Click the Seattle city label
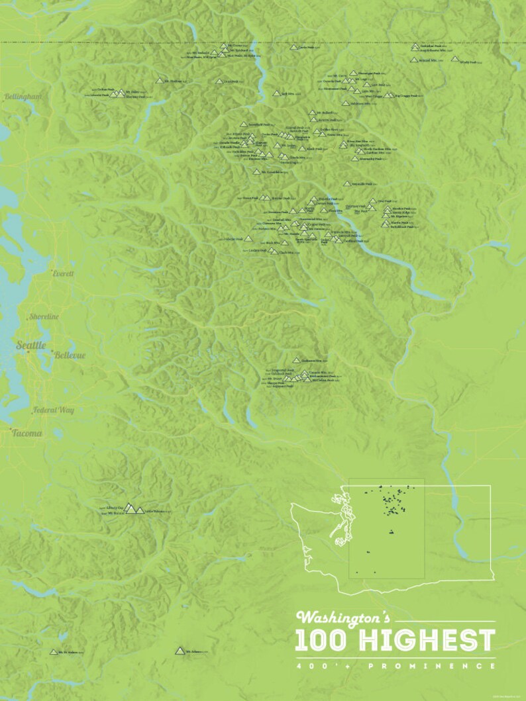(x=30, y=345)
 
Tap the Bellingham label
(x=23, y=97)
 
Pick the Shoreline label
(x=44, y=317)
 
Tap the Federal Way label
(x=54, y=410)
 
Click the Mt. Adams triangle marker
(x=179, y=651)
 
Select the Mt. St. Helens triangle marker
(x=54, y=652)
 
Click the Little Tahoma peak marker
(x=140, y=510)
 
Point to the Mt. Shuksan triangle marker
(x=159, y=81)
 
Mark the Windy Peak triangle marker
(x=454, y=59)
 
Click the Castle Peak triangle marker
(x=293, y=47)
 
